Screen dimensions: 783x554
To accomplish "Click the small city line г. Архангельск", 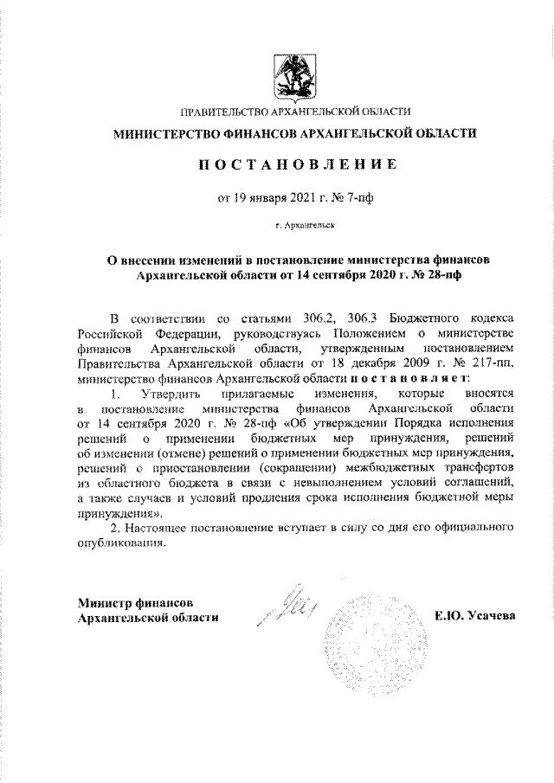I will click(298, 224).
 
